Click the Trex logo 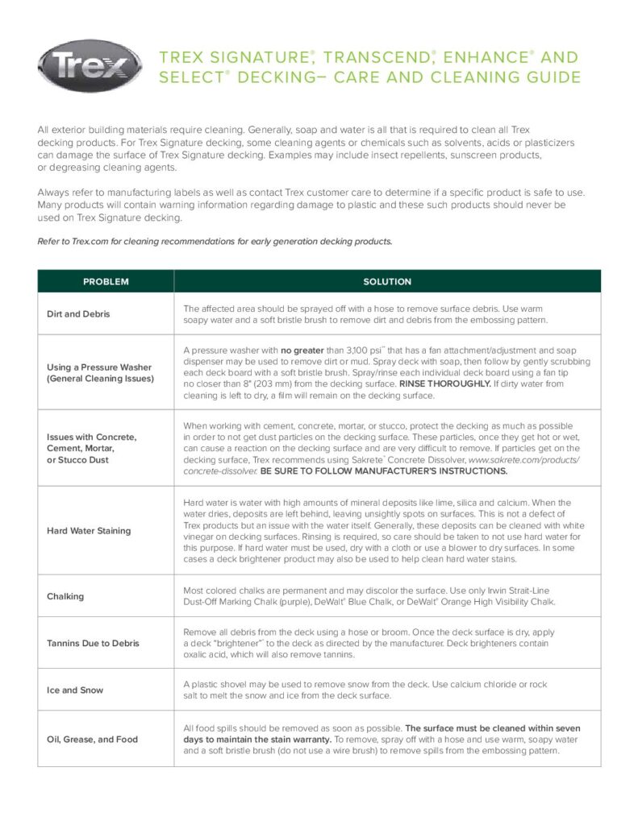coord(90,65)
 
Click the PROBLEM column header coord(106,281)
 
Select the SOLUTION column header coord(387,281)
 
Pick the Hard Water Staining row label coord(88,531)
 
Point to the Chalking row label coord(65,596)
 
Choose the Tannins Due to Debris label coord(93,643)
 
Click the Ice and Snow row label coord(74,690)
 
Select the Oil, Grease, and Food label coord(92,739)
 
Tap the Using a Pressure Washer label coord(98,367)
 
